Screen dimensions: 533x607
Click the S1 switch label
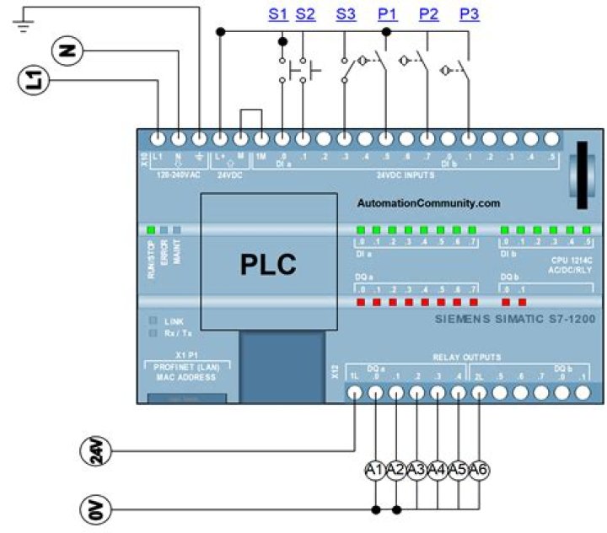tap(278, 13)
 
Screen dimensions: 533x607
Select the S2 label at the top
tap(305, 13)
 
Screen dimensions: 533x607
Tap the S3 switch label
tap(346, 13)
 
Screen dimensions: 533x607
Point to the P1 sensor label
tap(387, 13)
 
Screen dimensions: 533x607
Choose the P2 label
tap(428, 13)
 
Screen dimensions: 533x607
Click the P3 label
tap(470, 13)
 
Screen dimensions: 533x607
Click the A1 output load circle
tap(375, 468)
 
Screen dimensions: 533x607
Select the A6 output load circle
tap(478, 468)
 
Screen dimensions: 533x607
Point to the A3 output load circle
tap(416, 468)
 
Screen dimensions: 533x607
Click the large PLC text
tap(267, 264)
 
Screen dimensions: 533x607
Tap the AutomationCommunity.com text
tap(428, 203)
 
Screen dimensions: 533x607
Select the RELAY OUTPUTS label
tap(466, 357)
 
